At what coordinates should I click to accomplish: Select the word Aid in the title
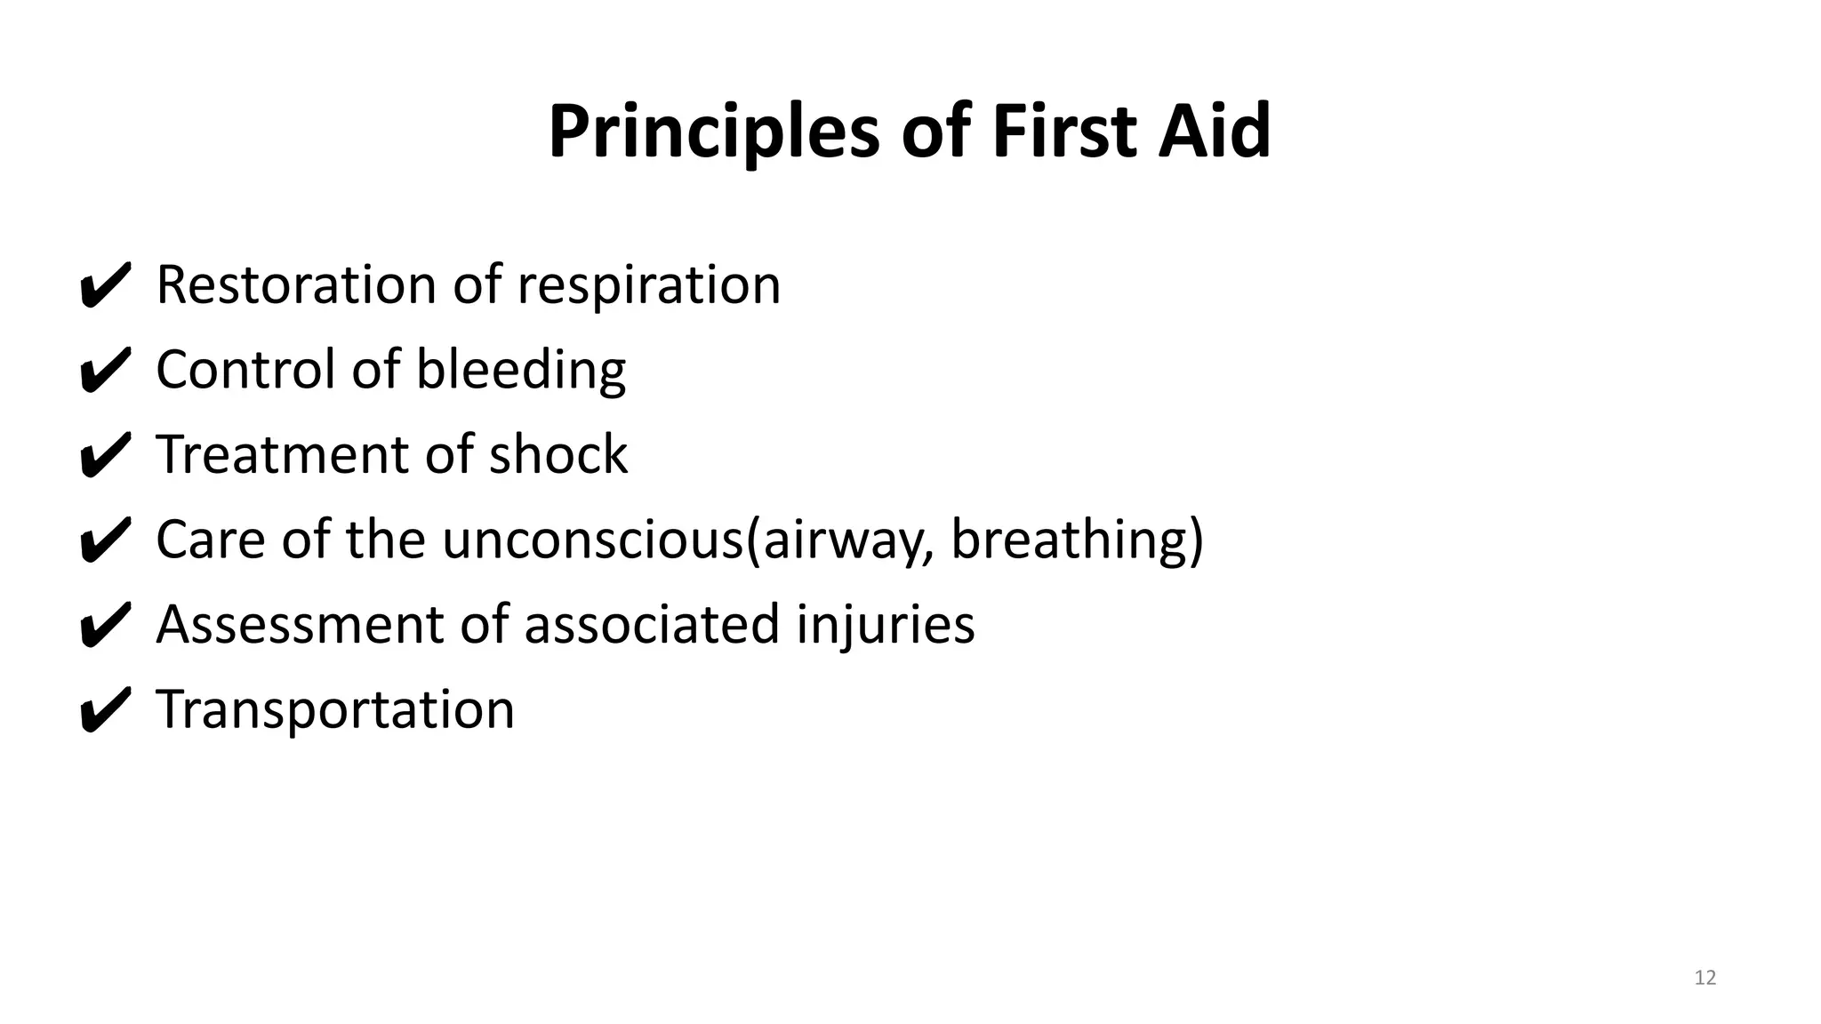1215,132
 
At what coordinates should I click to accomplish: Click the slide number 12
1705,978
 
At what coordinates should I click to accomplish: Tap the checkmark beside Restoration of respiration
105,285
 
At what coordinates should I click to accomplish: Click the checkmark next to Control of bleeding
105,370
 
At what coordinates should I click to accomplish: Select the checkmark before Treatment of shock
105,455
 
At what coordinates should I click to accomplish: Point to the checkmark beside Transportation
105,710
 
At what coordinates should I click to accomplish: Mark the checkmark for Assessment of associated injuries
105,625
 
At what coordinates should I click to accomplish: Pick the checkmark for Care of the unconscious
105,540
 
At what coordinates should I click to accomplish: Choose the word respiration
648,287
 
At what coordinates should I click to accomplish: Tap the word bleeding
521,370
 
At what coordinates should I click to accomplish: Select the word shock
558,454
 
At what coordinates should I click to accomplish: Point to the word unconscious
591,540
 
